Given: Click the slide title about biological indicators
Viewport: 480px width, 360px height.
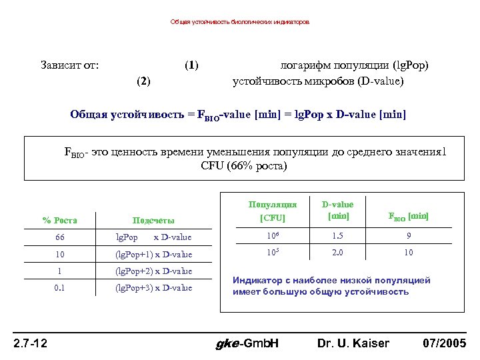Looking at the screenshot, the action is pos(239,22).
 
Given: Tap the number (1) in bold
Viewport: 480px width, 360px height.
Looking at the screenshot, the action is pos(191,65).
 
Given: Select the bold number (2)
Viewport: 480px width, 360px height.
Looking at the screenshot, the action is pos(143,81).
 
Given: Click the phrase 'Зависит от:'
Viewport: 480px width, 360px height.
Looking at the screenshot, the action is pos(70,65).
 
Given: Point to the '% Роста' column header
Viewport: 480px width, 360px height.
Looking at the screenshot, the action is pos(60,220).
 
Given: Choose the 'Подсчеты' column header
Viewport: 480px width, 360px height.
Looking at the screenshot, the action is pos(153,220).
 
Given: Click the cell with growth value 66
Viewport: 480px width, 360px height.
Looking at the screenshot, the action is pos(60,237).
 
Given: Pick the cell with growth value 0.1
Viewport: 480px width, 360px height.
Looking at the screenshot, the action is pos(60,287).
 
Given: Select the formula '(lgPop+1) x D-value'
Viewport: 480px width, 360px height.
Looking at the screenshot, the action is pos(153,254).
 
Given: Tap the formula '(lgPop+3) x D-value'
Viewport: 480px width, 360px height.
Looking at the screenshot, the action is pos(153,287).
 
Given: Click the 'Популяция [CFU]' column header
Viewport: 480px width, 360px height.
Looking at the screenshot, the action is pos(272,211).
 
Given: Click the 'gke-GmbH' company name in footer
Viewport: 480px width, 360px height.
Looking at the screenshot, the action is pos(247,343).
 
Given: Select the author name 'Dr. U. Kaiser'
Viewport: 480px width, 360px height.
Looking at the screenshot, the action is pos(353,343).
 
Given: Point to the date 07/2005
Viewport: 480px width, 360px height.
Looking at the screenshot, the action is pos(445,343).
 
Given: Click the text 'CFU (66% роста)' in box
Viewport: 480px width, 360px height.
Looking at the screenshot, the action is pos(243,166).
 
